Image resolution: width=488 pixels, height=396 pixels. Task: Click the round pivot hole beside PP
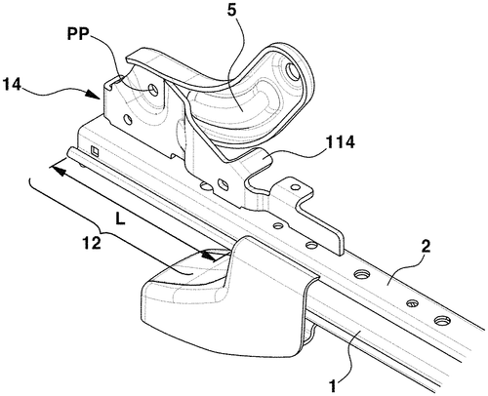pyautogui.click(x=154, y=89)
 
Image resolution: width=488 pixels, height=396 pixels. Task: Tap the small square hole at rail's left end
pyautogui.click(x=94, y=151)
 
